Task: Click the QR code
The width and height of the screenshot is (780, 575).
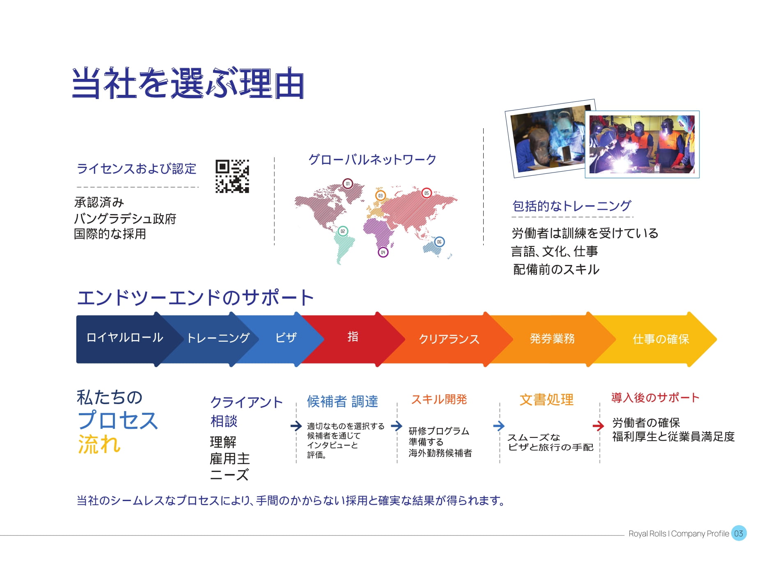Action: (232, 176)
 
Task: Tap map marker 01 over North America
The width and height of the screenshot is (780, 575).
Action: (348, 184)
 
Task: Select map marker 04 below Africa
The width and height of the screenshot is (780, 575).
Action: (383, 252)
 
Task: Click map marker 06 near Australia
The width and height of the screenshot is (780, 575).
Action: (439, 242)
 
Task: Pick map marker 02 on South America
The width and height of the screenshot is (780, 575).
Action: (343, 231)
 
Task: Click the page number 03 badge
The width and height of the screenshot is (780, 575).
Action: (739, 533)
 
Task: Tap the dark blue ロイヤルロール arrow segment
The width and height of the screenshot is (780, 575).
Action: (123, 339)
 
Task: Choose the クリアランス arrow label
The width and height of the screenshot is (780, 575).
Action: (449, 339)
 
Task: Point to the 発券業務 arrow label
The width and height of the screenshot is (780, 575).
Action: (552, 338)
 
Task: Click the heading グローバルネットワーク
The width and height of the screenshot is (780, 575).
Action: (372, 159)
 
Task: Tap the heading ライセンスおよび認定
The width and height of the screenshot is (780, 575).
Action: (136, 168)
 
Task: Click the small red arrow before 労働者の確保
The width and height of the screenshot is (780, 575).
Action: (599, 426)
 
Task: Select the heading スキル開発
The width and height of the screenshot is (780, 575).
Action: (439, 399)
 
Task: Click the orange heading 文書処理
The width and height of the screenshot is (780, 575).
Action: (546, 400)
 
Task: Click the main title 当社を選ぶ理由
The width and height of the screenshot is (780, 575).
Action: (188, 83)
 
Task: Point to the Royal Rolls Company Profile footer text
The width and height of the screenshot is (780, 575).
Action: (679, 534)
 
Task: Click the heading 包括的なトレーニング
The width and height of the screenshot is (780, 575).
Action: (572, 206)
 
